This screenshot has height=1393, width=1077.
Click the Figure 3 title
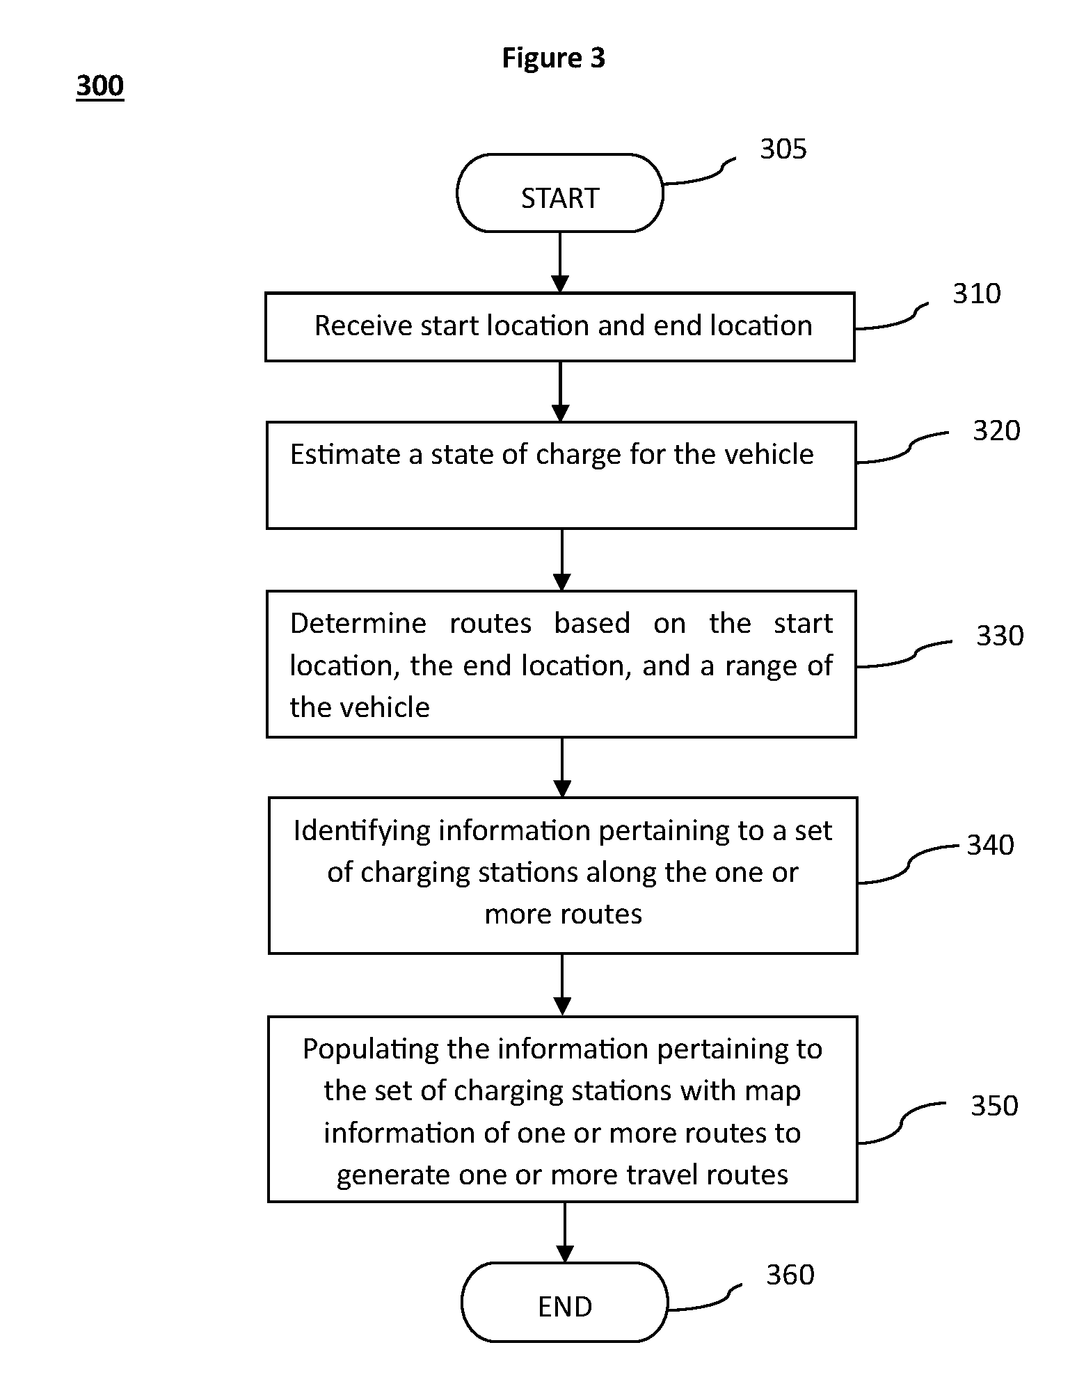[553, 58]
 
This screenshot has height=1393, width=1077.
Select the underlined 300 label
[99, 86]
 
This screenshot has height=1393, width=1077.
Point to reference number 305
[783, 149]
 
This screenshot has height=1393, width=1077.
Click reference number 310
[976, 293]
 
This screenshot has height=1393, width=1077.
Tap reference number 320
[996, 430]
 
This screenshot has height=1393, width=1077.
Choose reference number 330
[1000, 636]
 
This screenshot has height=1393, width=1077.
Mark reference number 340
[990, 845]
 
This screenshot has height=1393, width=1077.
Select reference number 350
[994, 1106]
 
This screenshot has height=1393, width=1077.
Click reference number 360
[790, 1275]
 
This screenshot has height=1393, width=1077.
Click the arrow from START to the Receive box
[559, 262]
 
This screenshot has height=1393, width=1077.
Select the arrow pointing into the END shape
[564, 1232]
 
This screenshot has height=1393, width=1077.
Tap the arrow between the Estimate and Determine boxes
[561, 560]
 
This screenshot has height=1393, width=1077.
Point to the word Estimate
[345, 454]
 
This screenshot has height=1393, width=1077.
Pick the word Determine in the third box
[358, 623]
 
